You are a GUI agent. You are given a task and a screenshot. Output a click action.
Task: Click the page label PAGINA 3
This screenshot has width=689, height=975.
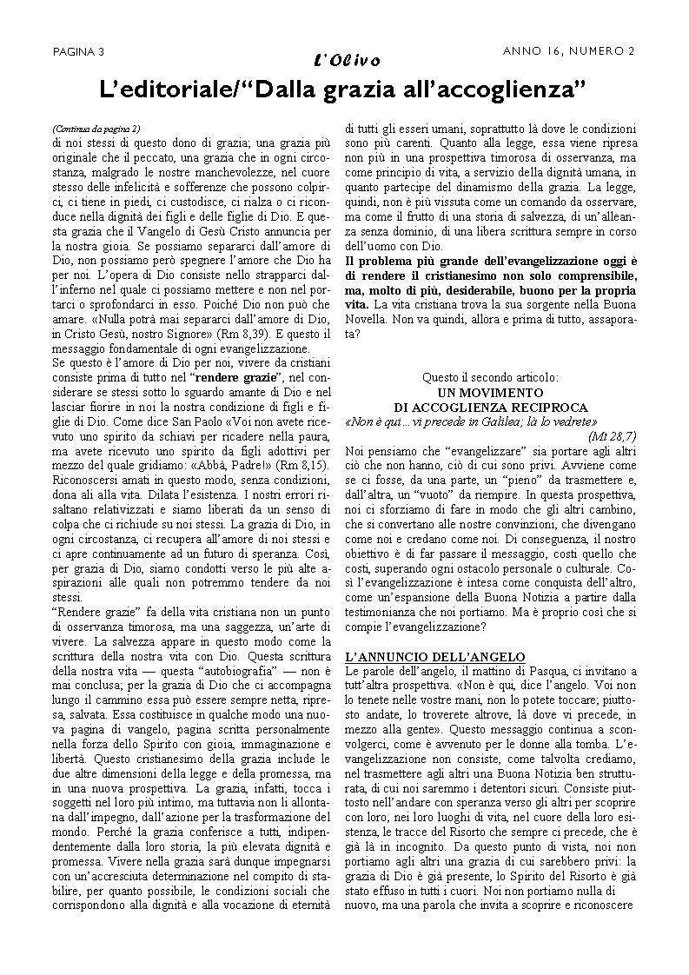[78, 51]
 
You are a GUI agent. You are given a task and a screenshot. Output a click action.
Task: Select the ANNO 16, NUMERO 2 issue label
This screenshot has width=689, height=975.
[569, 50]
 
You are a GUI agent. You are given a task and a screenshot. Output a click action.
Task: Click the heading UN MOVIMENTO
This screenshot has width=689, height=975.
[491, 393]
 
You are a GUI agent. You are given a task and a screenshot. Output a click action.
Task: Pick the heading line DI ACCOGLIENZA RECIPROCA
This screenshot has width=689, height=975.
[491, 407]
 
